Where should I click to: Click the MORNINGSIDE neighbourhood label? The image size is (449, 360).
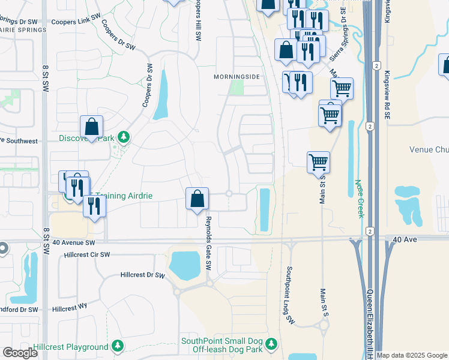pyautogui.click(x=237, y=77)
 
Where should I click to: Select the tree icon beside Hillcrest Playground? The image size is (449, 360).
pyautogui.click(x=118, y=346)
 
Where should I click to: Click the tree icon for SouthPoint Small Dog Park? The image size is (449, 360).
pyautogui.click(x=272, y=344)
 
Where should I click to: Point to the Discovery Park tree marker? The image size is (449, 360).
pyautogui.click(x=124, y=138)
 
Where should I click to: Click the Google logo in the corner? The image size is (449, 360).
pyautogui.click(x=20, y=353)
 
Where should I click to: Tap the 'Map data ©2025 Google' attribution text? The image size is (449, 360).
pyautogui.click(x=412, y=355)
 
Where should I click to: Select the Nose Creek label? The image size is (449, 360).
pyautogui.click(x=359, y=199)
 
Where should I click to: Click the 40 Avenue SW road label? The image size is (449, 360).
pyautogui.click(x=74, y=243)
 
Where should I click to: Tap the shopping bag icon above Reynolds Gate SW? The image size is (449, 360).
pyautogui.click(x=197, y=199)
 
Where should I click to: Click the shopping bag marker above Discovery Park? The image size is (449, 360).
pyautogui.click(x=91, y=127)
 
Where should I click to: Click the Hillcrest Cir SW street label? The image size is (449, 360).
pyautogui.click(x=88, y=255)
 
